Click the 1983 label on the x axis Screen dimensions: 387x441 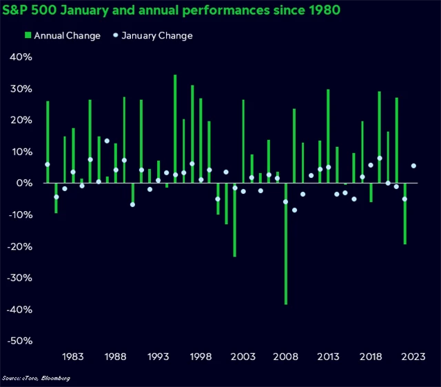click(73, 357)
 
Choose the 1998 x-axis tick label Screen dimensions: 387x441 click(201, 357)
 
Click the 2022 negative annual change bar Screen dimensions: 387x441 click(405, 214)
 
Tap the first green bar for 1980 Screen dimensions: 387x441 click(48, 141)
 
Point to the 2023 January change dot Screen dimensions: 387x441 click(413, 166)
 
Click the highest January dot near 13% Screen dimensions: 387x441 click(107, 141)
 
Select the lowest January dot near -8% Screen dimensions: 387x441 click(294, 210)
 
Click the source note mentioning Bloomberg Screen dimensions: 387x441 click(36, 378)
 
